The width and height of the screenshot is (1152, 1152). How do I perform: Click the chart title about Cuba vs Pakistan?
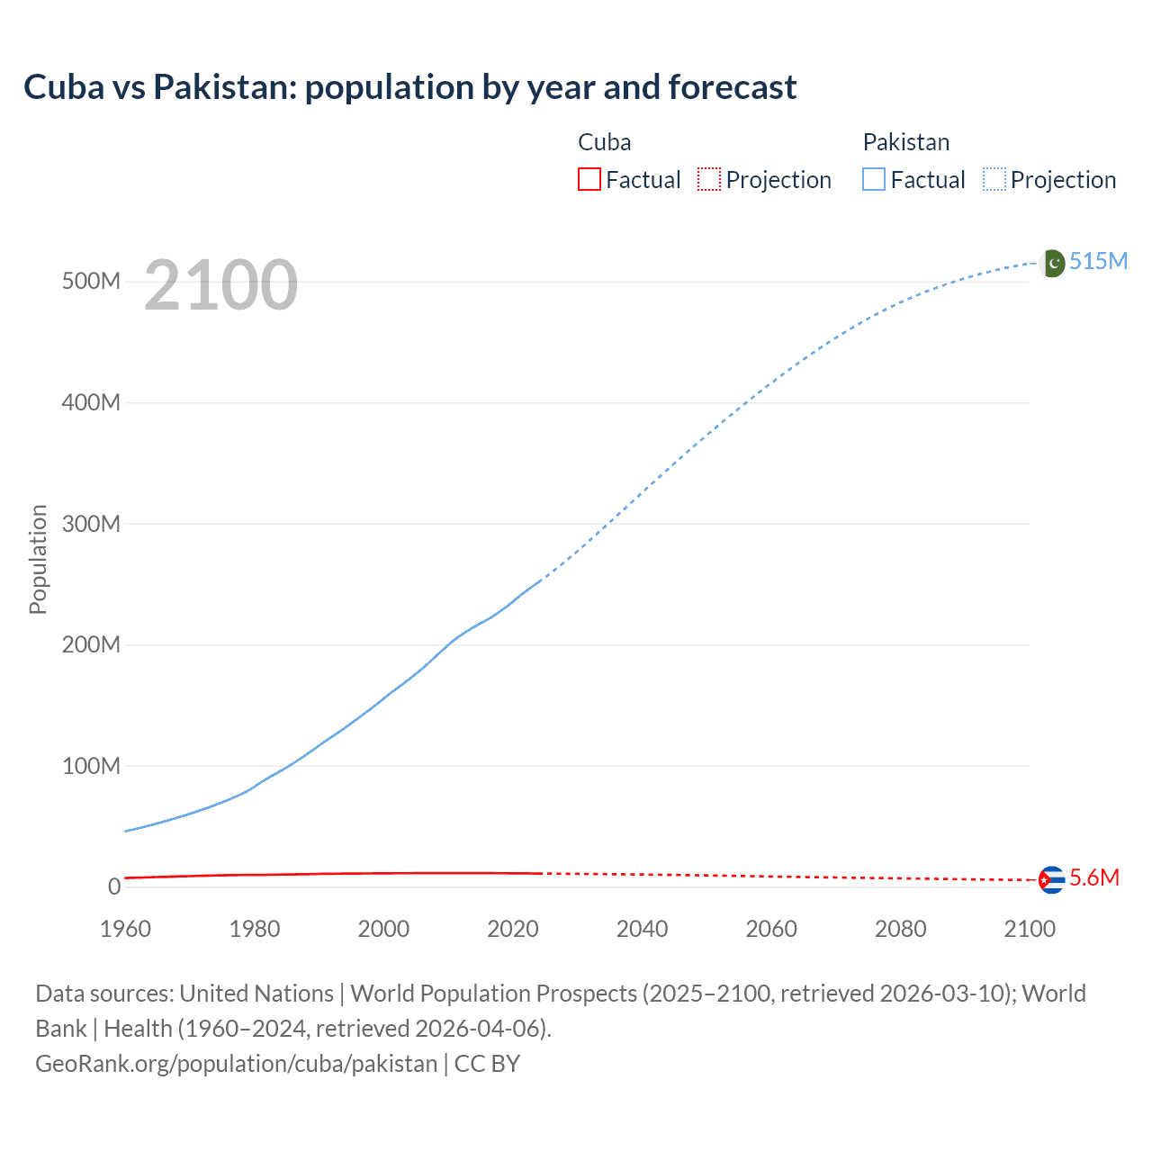(x=409, y=87)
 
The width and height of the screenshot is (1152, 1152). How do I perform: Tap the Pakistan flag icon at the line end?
(x=1052, y=263)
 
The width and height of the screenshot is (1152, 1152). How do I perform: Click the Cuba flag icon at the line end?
(x=1051, y=879)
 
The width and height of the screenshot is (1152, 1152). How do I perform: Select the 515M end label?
(x=1098, y=261)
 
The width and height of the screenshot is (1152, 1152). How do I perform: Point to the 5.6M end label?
(x=1094, y=877)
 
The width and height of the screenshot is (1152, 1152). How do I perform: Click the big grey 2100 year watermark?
(x=220, y=285)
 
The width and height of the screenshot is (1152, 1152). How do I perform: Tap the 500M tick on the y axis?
(x=91, y=282)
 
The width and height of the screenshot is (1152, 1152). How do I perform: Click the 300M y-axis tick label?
(x=91, y=524)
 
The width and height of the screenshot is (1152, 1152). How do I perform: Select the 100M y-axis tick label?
(x=91, y=766)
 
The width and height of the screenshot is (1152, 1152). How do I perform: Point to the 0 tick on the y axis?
(x=114, y=887)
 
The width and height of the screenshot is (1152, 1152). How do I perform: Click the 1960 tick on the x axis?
(x=125, y=929)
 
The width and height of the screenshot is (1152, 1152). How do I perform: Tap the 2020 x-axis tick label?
(x=513, y=929)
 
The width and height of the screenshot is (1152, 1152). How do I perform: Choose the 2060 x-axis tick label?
(x=771, y=929)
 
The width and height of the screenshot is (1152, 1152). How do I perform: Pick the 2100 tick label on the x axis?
(x=1030, y=929)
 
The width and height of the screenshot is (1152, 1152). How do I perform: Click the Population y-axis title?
(x=38, y=559)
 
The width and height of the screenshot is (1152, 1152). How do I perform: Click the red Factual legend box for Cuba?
(x=589, y=179)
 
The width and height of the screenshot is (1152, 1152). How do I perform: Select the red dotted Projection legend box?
(x=709, y=179)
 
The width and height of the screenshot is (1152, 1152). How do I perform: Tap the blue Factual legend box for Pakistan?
(x=874, y=179)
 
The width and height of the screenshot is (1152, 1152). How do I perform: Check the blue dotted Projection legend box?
(x=994, y=179)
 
